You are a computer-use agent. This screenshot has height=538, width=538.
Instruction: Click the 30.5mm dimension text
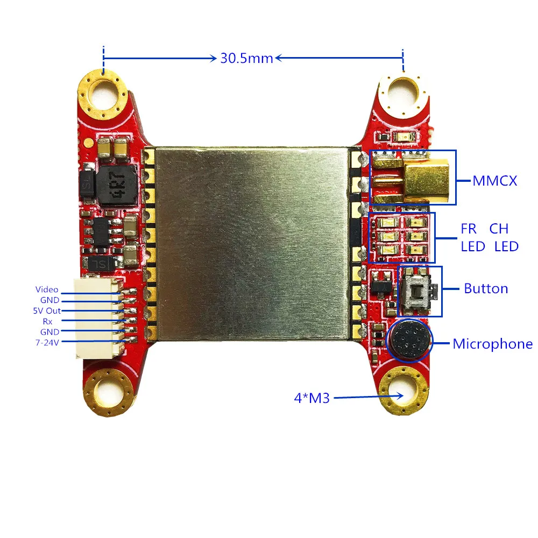(246, 58)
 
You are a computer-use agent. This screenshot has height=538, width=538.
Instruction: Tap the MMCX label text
(494, 181)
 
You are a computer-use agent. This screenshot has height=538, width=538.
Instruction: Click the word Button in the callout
(486, 288)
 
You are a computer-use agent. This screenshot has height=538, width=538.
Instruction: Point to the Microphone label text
(492, 344)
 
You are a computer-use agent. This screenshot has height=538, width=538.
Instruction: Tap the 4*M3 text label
(312, 398)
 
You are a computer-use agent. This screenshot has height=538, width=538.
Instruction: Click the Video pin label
(47, 289)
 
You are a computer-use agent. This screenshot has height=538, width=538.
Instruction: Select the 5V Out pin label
(47, 310)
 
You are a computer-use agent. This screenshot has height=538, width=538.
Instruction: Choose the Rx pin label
(47, 322)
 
